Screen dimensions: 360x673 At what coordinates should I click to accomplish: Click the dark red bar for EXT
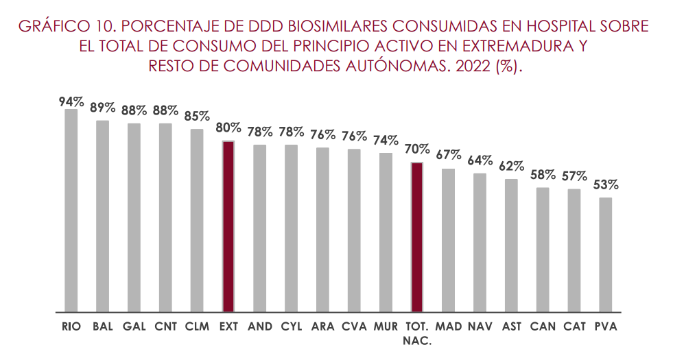(228, 226)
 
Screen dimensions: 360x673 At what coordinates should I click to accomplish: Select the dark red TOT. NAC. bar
(417, 237)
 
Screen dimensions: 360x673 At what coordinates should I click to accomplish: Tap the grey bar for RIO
(71, 210)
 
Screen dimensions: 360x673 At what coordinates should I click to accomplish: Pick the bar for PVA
(605, 254)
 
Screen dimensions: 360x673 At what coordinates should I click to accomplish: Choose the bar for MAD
(448, 239)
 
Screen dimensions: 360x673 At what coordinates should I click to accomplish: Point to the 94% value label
(71, 101)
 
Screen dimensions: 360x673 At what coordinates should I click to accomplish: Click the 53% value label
(606, 184)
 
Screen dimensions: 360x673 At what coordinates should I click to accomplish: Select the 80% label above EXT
(228, 128)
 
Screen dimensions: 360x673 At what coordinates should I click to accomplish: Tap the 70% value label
(417, 149)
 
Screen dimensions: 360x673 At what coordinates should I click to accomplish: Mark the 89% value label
(102, 108)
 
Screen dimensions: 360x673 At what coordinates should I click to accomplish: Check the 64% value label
(480, 160)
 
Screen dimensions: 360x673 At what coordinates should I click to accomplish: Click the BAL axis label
(102, 326)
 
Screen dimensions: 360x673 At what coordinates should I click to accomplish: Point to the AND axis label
(260, 326)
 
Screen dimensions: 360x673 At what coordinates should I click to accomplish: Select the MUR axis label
(386, 326)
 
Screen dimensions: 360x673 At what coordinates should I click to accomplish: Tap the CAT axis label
(574, 326)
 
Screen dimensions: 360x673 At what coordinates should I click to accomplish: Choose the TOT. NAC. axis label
(417, 333)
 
